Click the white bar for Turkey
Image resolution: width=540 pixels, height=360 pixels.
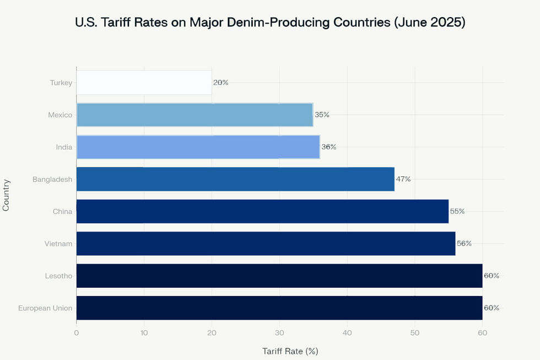(x=144, y=83)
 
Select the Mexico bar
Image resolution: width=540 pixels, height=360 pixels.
(x=195, y=115)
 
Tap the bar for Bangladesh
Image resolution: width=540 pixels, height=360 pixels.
(x=235, y=179)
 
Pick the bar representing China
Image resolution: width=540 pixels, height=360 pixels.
(x=262, y=211)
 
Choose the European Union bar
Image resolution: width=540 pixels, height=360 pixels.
(x=279, y=308)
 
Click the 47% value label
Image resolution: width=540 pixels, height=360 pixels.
(x=403, y=179)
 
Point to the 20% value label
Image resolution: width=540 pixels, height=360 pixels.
(x=220, y=83)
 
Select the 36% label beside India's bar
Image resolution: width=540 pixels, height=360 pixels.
(x=329, y=147)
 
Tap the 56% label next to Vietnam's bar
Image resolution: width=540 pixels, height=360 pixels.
(x=464, y=244)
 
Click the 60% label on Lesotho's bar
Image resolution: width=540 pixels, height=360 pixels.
(x=492, y=276)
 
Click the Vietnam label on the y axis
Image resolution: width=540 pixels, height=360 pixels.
(x=58, y=244)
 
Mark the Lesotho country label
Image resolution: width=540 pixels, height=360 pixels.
(x=58, y=276)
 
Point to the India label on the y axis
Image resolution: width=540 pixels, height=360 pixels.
(x=64, y=147)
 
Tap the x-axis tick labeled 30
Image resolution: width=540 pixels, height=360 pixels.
(x=279, y=332)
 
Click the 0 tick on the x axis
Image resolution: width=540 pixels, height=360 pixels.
(x=77, y=332)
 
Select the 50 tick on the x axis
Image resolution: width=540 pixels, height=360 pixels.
(x=415, y=332)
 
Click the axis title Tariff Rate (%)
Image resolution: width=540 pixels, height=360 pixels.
(x=290, y=351)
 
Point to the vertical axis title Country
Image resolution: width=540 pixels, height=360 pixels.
(x=7, y=195)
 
